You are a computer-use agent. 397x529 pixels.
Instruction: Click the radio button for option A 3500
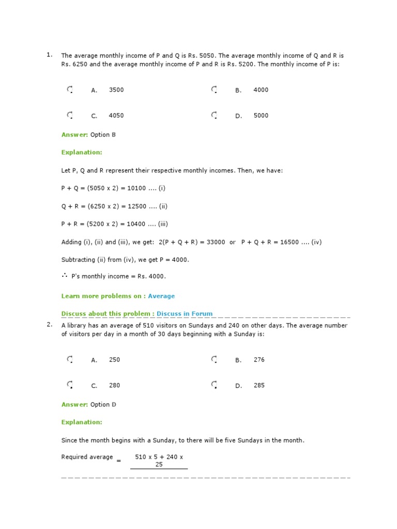point(70,90)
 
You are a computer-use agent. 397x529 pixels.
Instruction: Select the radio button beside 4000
point(214,90)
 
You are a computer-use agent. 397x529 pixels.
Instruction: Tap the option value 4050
point(116,116)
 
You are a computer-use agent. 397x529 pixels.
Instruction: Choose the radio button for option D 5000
point(214,116)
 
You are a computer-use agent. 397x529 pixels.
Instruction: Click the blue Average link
point(161,296)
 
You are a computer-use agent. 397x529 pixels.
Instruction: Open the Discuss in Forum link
point(185,314)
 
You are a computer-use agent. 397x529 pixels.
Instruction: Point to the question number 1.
point(49,55)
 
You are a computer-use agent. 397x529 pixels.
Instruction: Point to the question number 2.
point(49,324)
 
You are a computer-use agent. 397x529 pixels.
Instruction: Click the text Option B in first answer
point(103,135)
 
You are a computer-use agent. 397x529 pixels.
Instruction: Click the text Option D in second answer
point(103,404)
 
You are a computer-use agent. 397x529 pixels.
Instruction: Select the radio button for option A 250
point(70,360)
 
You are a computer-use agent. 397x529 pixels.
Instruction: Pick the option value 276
point(259,360)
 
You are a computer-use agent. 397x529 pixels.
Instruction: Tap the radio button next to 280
point(70,385)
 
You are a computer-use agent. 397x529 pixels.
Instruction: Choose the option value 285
point(259,385)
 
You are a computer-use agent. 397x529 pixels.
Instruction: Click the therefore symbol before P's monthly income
point(65,276)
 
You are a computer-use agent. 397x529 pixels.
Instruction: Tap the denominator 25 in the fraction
point(159,464)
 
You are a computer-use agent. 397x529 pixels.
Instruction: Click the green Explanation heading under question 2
point(82,422)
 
